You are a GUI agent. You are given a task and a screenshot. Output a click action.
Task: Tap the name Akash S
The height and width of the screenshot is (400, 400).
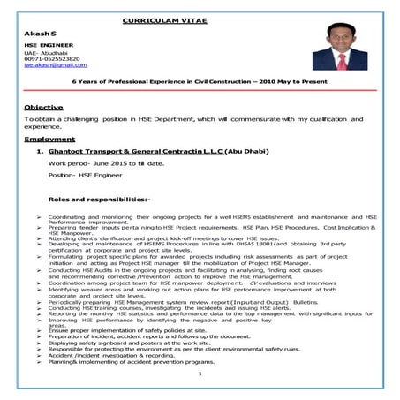click(34, 32)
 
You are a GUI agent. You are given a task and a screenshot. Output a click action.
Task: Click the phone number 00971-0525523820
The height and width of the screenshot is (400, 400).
click(49, 58)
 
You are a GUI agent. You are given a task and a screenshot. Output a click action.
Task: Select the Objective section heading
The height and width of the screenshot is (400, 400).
click(42, 107)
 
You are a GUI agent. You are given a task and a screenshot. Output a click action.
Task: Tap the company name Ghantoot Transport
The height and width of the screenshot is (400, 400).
click(88, 152)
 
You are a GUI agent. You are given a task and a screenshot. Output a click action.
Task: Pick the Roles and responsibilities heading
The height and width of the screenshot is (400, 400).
click(99, 200)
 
